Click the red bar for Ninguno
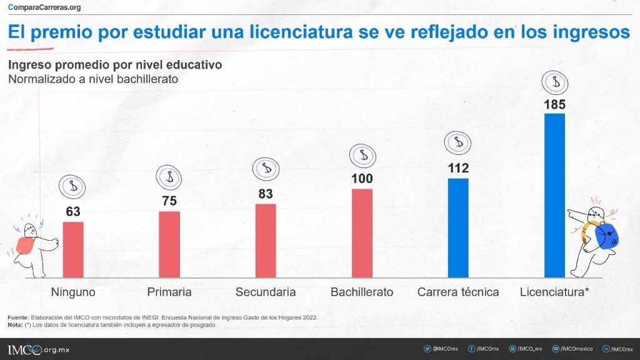point(73,249)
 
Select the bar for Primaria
point(169,244)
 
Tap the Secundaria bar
point(266,241)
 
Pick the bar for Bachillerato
point(362,233)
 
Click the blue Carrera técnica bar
point(458,228)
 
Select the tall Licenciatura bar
point(554,195)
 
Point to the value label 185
point(554,104)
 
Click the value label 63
point(73,212)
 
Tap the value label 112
point(458,168)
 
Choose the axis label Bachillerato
point(362,292)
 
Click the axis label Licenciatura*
point(554,292)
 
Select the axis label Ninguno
point(73,292)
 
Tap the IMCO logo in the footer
point(25,349)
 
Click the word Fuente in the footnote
point(17,317)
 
